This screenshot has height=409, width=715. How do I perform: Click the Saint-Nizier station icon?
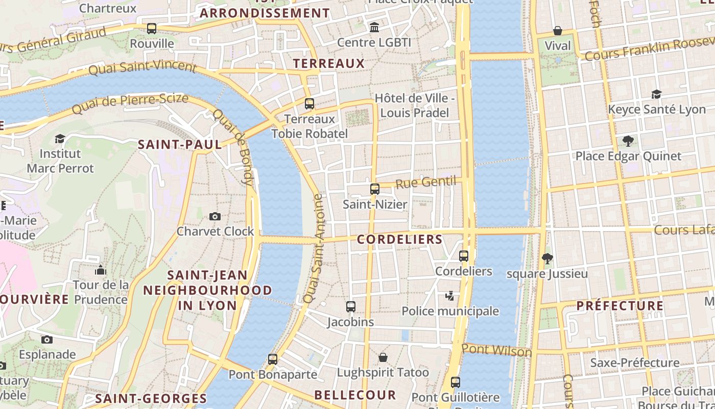(374, 189)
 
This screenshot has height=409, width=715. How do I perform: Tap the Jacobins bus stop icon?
(350, 307)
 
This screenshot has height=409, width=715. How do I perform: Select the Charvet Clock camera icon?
(215, 216)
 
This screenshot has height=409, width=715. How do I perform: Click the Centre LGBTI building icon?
(374, 27)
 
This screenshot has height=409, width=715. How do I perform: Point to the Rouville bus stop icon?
(152, 29)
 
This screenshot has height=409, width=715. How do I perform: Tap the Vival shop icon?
(558, 31)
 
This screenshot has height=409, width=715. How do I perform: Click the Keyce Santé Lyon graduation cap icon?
(656, 94)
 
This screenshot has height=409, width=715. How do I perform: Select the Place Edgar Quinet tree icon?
(628, 141)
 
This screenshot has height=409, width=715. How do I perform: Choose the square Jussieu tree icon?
(547, 259)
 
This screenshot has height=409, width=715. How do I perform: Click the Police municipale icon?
(450, 296)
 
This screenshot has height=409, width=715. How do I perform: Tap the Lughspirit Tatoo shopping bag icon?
(383, 357)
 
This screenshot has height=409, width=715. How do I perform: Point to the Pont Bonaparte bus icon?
(273, 359)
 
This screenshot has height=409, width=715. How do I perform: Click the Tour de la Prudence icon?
(101, 269)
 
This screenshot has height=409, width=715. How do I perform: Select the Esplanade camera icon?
(47, 339)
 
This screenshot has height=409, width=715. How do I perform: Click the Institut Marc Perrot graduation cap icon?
(60, 139)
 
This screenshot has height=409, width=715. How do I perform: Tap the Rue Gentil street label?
(425, 183)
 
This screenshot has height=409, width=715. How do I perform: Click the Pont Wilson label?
(496, 351)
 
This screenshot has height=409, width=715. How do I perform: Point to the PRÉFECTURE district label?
(619, 306)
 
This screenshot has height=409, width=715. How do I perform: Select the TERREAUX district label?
(329, 63)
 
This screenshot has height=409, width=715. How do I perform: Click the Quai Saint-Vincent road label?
(142, 67)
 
